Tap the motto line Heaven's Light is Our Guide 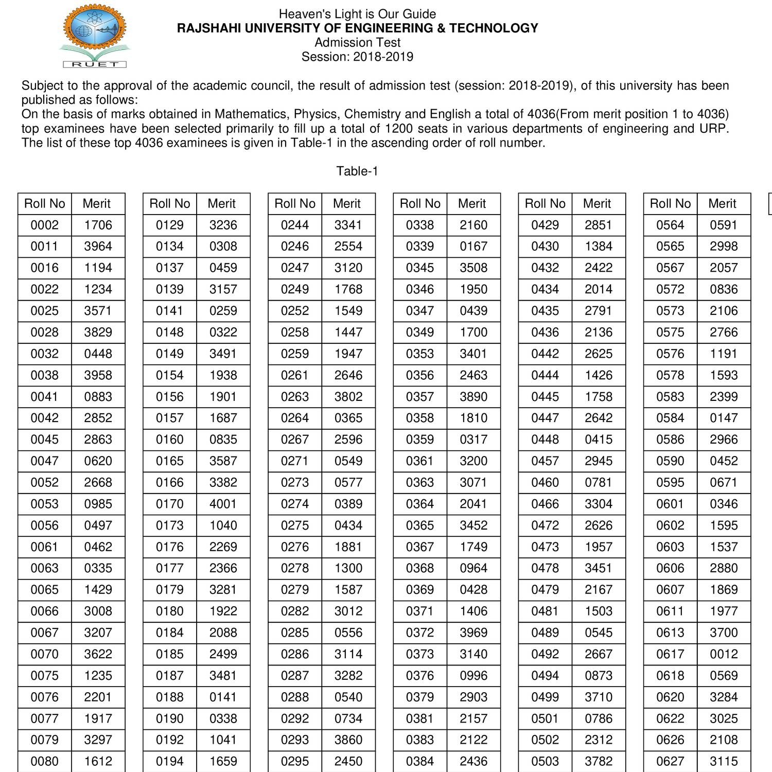point(357,14)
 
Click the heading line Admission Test point(357,43)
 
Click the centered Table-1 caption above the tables point(357,171)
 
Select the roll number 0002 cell point(45,225)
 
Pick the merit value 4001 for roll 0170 point(223,504)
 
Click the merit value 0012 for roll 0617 point(724,654)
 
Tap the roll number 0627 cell point(670,761)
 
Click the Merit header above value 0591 point(722,204)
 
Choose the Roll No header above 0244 point(295,204)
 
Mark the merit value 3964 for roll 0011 point(98,247)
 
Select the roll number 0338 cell point(420,225)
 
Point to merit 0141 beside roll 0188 point(223,697)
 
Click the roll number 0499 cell point(545,697)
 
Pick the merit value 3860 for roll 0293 point(348,740)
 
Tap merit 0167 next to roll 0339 point(473,247)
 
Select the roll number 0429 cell point(545,225)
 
